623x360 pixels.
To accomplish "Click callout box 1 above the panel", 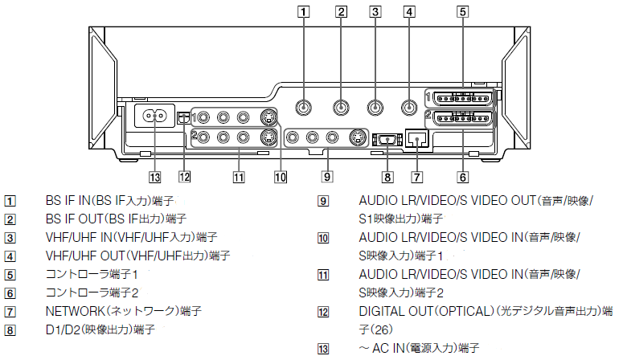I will point(303,11).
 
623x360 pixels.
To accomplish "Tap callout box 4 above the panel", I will point(410,11).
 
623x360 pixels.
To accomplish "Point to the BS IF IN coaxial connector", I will point(304,107).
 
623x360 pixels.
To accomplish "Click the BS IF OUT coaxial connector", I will point(341,107).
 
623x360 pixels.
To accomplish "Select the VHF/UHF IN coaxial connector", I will point(375,107).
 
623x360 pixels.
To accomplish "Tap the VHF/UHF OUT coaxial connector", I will point(410,107).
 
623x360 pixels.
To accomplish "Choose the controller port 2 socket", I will point(461,120).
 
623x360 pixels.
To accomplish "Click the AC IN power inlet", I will point(154,116).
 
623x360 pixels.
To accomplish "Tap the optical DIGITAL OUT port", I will point(184,117).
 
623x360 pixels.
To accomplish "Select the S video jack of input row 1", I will point(268,117).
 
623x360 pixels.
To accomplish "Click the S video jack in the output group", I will point(355,137).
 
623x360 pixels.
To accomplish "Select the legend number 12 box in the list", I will point(324,311).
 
